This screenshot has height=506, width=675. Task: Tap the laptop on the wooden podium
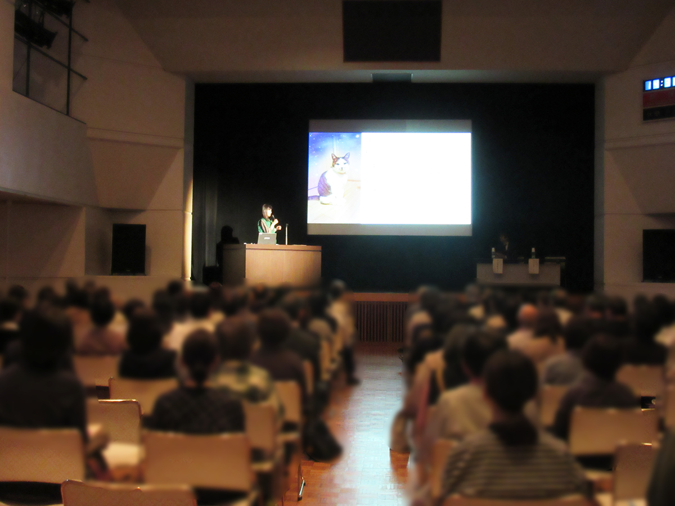[x=267, y=239]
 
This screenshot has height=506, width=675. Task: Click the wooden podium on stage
[x=272, y=264]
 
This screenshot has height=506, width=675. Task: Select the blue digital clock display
[x=659, y=83]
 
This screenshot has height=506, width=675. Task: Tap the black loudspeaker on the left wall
[x=128, y=249]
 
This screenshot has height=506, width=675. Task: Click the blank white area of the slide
[x=415, y=178]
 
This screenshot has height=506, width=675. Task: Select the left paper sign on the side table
[x=497, y=265]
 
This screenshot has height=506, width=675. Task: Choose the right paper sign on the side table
[x=533, y=266]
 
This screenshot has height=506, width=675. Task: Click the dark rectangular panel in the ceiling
[x=392, y=30]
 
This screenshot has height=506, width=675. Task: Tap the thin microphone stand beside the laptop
[x=286, y=234]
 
